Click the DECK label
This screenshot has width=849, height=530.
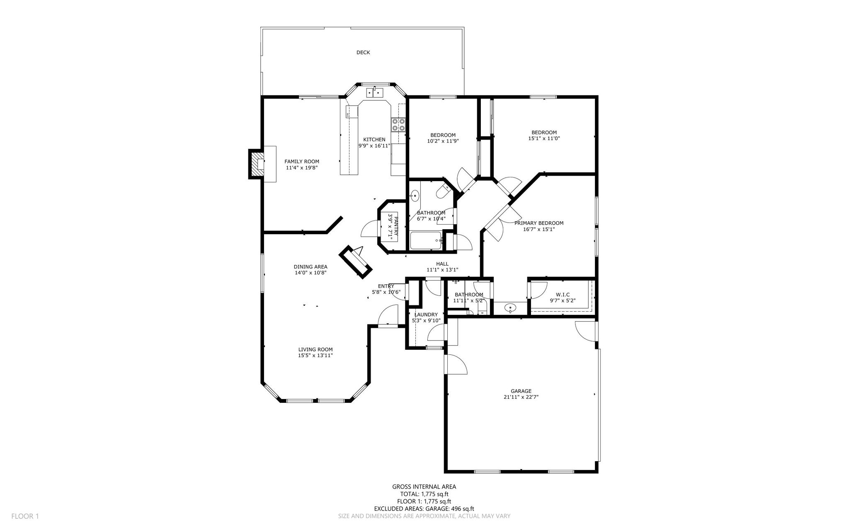pyautogui.click(x=363, y=53)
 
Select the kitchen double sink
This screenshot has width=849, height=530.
pyautogui.click(x=375, y=92)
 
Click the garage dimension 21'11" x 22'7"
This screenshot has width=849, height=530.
pyautogui.click(x=521, y=397)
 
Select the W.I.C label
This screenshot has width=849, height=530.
pyautogui.click(x=563, y=295)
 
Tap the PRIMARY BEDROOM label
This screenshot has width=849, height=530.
pyautogui.click(x=539, y=223)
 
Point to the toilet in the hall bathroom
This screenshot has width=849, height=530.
pyautogui.click(x=443, y=191)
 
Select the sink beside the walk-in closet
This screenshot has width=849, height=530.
pyautogui.click(x=510, y=308)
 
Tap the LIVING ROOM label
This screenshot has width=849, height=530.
pyautogui.click(x=315, y=349)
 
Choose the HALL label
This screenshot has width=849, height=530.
pyautogui.click(x=442, y=264)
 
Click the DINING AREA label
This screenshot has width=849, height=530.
pyautogui.click(x=310, y=267)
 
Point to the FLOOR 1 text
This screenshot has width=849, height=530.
pyautogui.click(x=25, y=516)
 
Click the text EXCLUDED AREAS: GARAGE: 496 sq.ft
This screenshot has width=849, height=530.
pyautogui.click(x=424, y=509)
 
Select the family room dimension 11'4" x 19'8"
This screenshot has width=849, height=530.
pyautogui.click(x=302, y=168)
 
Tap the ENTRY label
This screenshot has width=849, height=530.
pyautogui.click(x=386, y=286)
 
